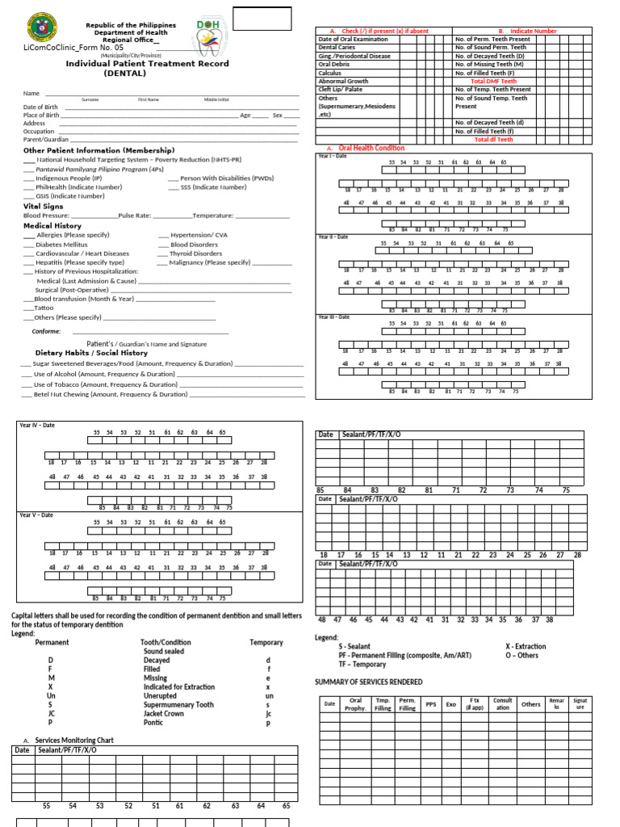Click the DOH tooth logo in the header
(x=207, y=36)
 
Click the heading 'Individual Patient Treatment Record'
(x=147, y=63)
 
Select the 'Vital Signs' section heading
(x=43, y=207)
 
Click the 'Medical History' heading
(x=52, y=226)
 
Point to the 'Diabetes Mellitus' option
(x=61, y=244)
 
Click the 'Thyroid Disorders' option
(x=195, y=254)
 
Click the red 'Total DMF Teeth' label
(x=493, y=81)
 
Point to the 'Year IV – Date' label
(x=37, y=425)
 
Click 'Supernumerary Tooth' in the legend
(x=178, y=704)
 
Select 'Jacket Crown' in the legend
(x=163, y=714)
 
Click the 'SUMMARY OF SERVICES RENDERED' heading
(x=368, y=682)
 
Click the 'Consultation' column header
(x=502, y=704)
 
